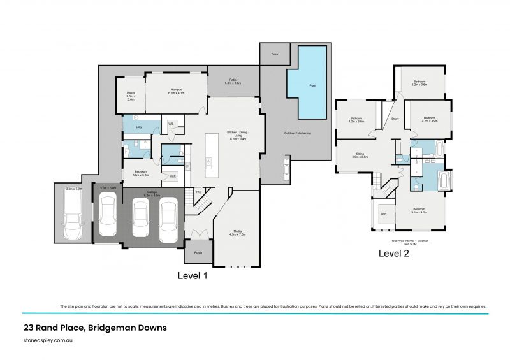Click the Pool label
tap(312, 86)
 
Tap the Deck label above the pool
tap(275, 54)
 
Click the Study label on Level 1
tap(131, 96)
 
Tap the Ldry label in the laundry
tap(139, 127)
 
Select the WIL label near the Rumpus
tap(171, 124)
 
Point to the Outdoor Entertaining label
tap(297, 133)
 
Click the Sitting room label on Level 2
tap(360, 155)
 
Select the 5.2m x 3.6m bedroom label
tap(419, 83)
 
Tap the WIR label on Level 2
tap(384, 215)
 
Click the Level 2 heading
tap(394, 253)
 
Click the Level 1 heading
tap(192, 276)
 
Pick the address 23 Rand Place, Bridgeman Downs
tap(94, 328)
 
